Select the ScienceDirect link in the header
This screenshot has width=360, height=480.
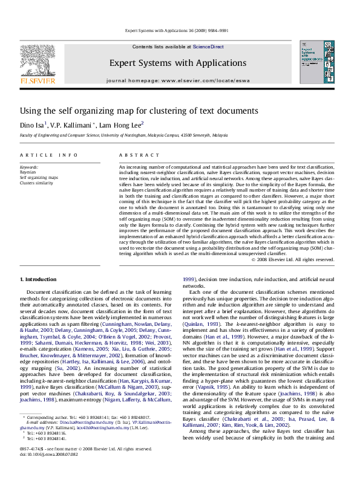(x=208, y=47)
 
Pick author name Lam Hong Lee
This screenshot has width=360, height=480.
(x=122, y=125)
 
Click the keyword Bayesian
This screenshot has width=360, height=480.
(x=29, y=172)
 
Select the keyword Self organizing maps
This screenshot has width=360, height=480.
(x=39, y=177)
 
